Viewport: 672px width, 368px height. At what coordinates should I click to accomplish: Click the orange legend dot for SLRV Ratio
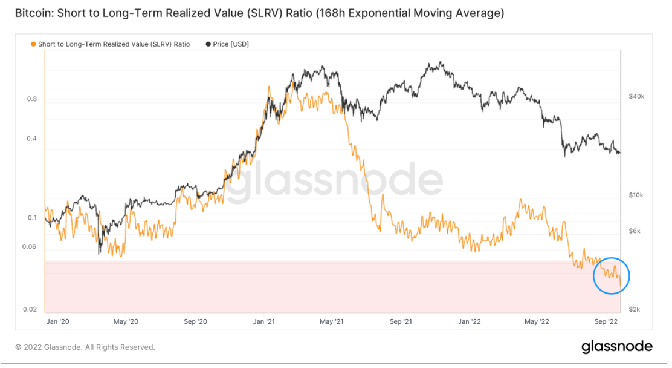(x=33, y=44)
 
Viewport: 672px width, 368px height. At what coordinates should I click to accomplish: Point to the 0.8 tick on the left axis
(x=31, y=100)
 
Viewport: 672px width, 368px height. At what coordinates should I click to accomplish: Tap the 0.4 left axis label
(x=31, y=139)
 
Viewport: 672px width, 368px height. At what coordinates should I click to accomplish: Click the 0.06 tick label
(x=30, y=247)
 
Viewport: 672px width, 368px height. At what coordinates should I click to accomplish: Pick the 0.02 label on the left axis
(x=30, y=309)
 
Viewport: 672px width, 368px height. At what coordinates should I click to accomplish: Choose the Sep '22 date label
(x=606, y=322)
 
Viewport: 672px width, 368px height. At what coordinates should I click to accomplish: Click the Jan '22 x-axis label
(x=469, y=322)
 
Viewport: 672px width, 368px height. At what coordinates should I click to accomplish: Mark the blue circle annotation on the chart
(x=612, y=275)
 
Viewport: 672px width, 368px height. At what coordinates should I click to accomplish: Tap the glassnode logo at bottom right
(x=616, y=347)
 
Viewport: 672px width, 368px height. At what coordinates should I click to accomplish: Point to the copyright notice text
(x=85, y=347)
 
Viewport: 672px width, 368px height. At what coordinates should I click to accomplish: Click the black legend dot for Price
(x=208, y=44)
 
